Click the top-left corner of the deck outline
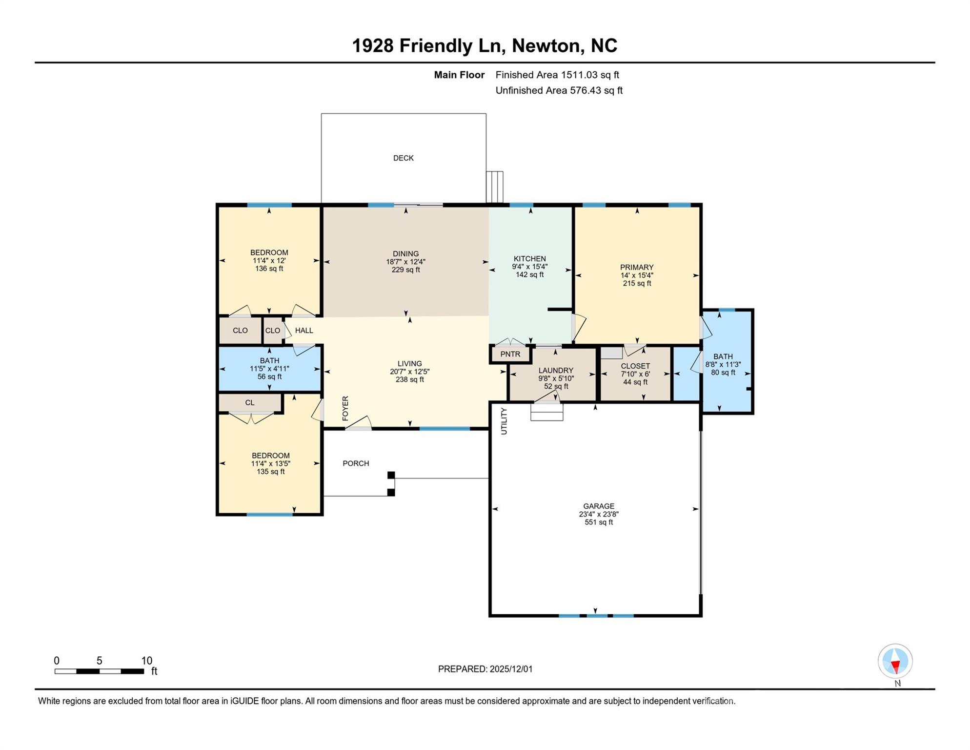[x=321, y=114]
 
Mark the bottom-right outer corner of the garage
[x=701, y=616]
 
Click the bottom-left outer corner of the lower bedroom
[x=217, y=515]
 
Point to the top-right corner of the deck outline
[x=486, y=114]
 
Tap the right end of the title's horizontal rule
[x=935, y=62]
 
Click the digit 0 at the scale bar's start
[x=57, y=661]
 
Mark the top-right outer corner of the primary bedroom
[x=701, y=204]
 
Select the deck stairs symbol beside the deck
[x=495, y=187]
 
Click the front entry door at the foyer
[x=359, y=423]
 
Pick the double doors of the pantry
[x=511, y=342]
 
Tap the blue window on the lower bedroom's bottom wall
[x=270, y=514]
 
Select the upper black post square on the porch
[x=391, y=475]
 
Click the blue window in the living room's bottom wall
[x=445, y=429]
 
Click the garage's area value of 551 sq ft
[x=599, y=522]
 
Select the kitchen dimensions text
[x=530, y=267]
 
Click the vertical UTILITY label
[x=504, y=421]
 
